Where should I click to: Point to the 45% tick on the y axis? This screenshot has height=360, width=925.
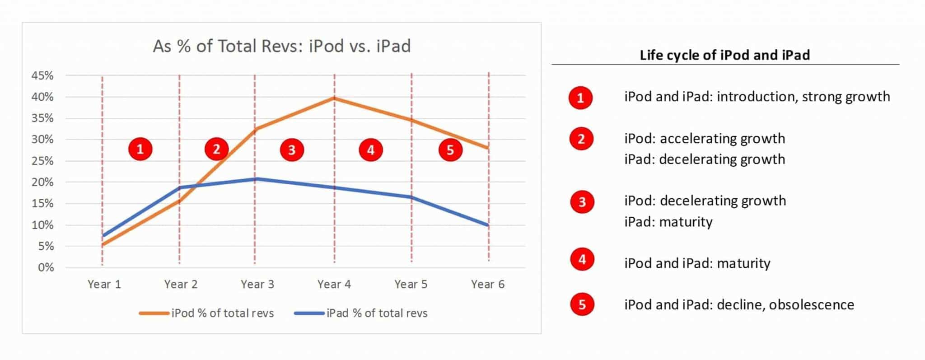(42, 75)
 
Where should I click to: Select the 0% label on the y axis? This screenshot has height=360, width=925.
(46, 267)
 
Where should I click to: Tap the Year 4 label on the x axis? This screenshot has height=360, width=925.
(334, 284)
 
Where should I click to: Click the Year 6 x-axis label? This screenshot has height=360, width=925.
(488, 284)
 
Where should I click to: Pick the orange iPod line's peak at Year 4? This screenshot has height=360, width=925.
(334, 98)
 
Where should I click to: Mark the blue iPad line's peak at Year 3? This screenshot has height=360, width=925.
(255, 179)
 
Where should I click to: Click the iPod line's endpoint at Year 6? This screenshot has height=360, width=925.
(488, 148)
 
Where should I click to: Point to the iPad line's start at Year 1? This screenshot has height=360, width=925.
(103, 235)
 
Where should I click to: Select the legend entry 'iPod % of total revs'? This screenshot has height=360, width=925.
(206, 313)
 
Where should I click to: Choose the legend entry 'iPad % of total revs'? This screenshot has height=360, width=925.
(360, 313)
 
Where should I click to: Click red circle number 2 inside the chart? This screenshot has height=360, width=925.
(216, 149)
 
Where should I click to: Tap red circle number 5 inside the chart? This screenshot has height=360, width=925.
(450, 150)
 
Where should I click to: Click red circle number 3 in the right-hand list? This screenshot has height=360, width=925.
(582, 202)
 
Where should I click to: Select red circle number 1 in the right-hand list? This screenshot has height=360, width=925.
(580, 98)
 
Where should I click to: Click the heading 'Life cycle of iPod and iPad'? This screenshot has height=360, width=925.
(724, 55)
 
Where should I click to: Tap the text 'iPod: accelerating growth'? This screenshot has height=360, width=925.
(705, 139)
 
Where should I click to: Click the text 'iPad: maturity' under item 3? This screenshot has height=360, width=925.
(668, 222)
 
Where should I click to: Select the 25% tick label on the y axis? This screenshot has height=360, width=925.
(42, 161)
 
